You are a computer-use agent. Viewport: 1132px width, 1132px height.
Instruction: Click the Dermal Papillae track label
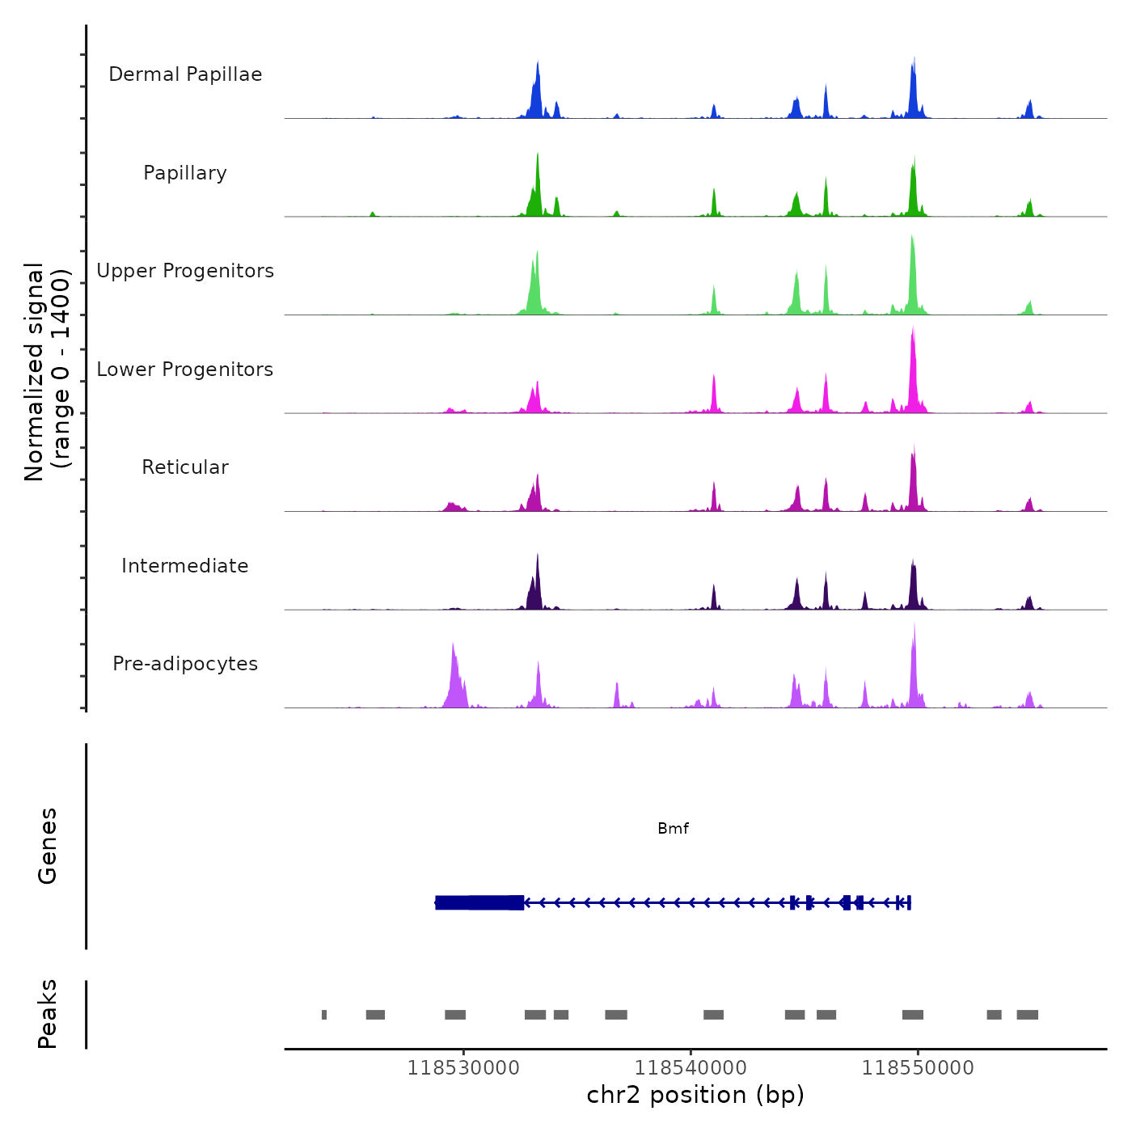185,74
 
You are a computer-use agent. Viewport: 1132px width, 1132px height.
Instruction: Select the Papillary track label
185,173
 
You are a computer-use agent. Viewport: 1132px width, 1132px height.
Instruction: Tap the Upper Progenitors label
185,271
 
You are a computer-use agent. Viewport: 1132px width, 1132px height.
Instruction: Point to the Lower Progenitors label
185,370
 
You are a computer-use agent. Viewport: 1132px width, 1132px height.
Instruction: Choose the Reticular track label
185,467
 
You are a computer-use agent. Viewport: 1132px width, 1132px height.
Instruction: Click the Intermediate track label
185,566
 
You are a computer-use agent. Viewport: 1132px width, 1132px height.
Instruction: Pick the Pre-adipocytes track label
185,664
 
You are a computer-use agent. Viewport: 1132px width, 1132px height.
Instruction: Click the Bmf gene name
673,829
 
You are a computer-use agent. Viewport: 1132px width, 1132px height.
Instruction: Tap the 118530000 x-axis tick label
463,1068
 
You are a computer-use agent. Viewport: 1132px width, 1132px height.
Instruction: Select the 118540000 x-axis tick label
691,1068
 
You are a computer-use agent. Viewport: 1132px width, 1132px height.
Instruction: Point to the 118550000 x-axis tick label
918,1068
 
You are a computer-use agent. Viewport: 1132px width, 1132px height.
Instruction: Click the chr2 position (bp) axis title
695,1096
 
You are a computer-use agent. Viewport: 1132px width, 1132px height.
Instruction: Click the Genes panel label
48,846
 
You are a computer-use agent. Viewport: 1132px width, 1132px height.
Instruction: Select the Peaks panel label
48,1014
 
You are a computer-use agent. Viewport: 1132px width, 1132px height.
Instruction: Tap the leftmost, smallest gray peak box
324,1015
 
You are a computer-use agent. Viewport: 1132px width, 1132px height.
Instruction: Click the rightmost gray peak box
1027,1015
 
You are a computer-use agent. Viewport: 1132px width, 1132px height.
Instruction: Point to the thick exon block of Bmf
479,902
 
